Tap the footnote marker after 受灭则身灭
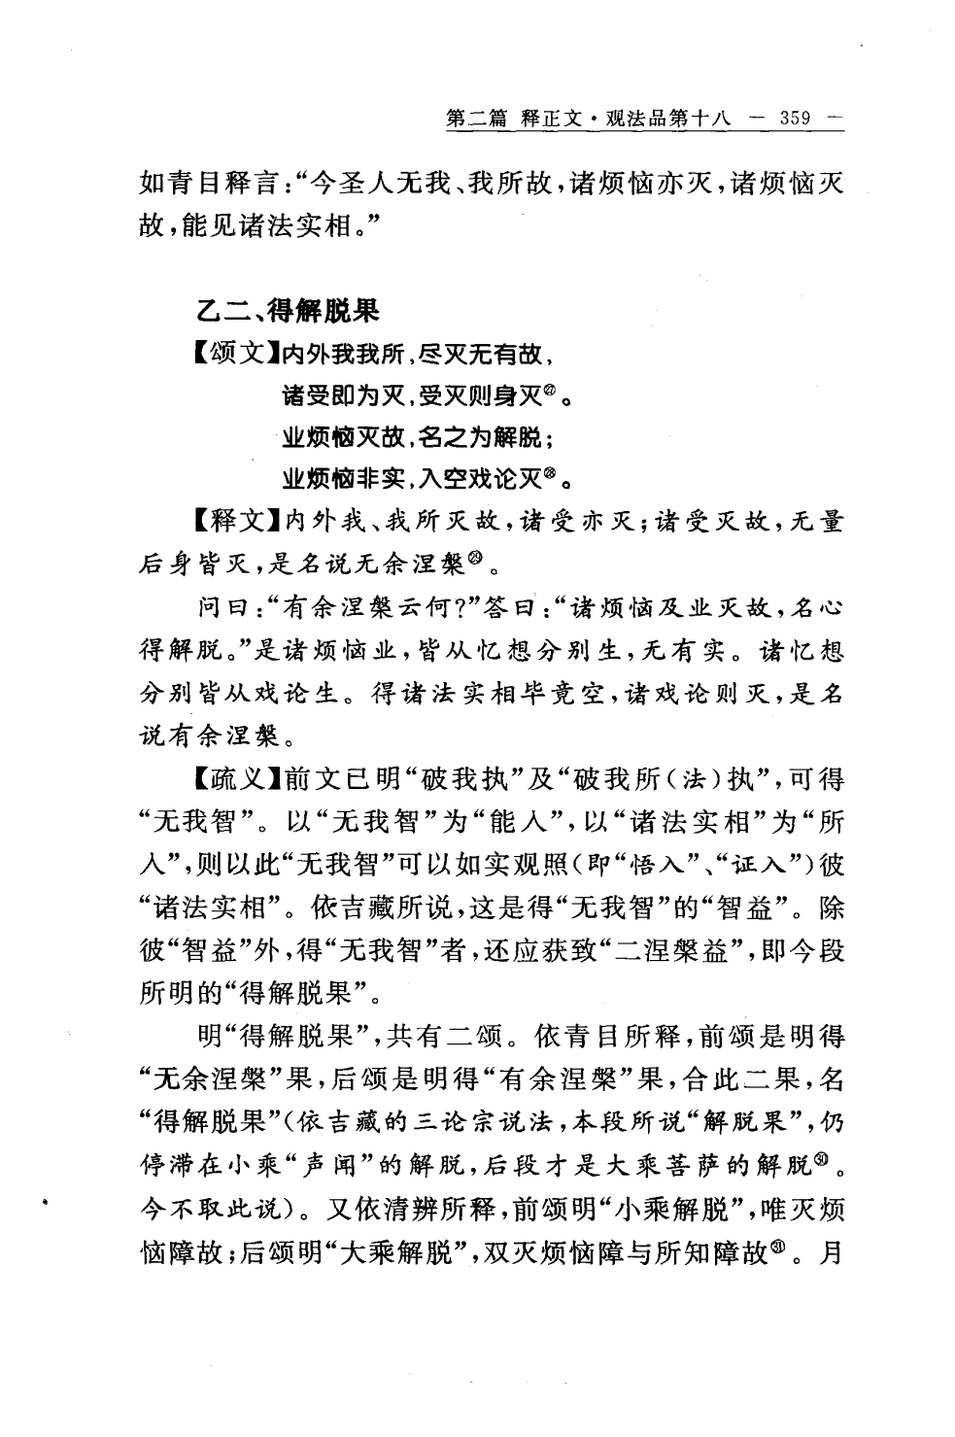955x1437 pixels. [549, 392]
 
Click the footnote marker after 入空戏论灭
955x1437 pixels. [549, 475]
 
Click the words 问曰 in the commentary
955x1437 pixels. [220, 608]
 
